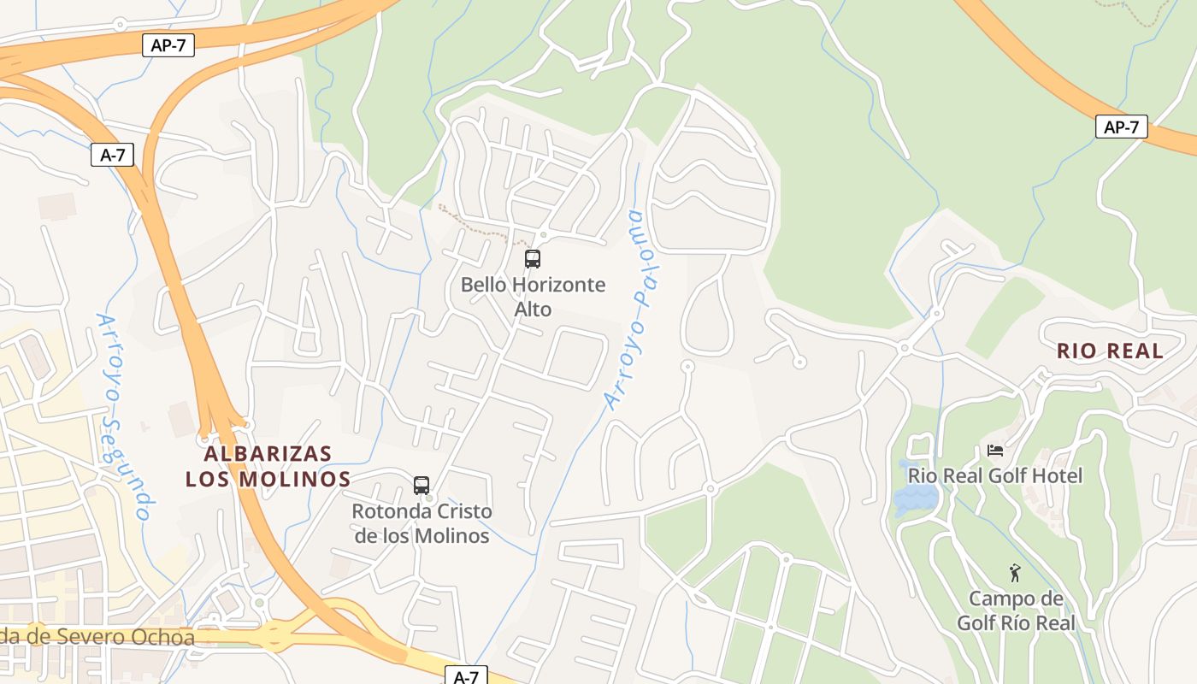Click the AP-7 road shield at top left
pos(168,46)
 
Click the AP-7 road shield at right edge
pos(1121,127)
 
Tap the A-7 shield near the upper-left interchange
pos(112,155)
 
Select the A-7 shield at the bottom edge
pos(465,676)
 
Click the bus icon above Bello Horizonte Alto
pos(532,258)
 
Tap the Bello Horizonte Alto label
pos(533,297)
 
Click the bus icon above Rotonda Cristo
pos(422,486)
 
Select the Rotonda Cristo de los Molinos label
pos(422,523)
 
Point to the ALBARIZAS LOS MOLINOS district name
pos(268,466)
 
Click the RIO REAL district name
pos(1110,351)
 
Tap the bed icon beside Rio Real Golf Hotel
pos(995,450)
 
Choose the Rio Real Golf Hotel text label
pos(995,475)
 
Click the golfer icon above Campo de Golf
pos(1015,573)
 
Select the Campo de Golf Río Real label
pos(1015,610)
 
